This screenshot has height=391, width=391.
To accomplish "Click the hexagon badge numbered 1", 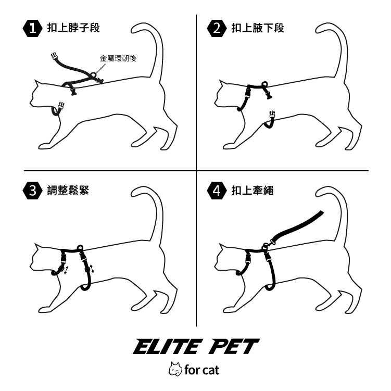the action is pos(32,29).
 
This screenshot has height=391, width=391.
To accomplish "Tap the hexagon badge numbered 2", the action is pos(217,29).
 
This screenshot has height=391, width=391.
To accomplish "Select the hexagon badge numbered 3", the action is pos(32,191).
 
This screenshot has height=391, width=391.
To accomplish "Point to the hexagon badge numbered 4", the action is pos(217,191).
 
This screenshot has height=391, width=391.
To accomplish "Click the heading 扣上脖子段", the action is pos(73,28).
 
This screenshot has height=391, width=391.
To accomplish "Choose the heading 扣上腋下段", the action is pos(258,28).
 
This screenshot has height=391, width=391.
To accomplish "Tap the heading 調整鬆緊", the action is pos(68,190).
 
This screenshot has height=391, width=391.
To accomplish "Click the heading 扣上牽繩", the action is pos(253,190).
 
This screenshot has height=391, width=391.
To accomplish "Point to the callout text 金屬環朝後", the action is pos(118,58).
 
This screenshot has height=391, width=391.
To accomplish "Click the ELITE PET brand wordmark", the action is pos(196,347).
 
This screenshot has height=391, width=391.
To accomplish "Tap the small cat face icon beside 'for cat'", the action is pos(175,369).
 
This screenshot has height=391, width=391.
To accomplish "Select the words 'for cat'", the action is pos(201,370).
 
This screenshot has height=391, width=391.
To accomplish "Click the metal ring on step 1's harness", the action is pos(93,74).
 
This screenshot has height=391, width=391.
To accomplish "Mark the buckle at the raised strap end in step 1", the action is pos(54,57).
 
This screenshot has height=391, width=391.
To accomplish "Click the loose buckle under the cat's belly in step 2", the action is pos(272,115).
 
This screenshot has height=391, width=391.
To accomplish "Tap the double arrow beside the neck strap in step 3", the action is pos(66,270).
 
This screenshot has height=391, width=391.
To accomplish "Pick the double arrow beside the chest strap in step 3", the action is pos(92,269).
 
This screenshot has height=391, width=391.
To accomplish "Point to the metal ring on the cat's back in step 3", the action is pos(80,248).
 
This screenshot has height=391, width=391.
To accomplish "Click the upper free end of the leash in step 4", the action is pos(321,213).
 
